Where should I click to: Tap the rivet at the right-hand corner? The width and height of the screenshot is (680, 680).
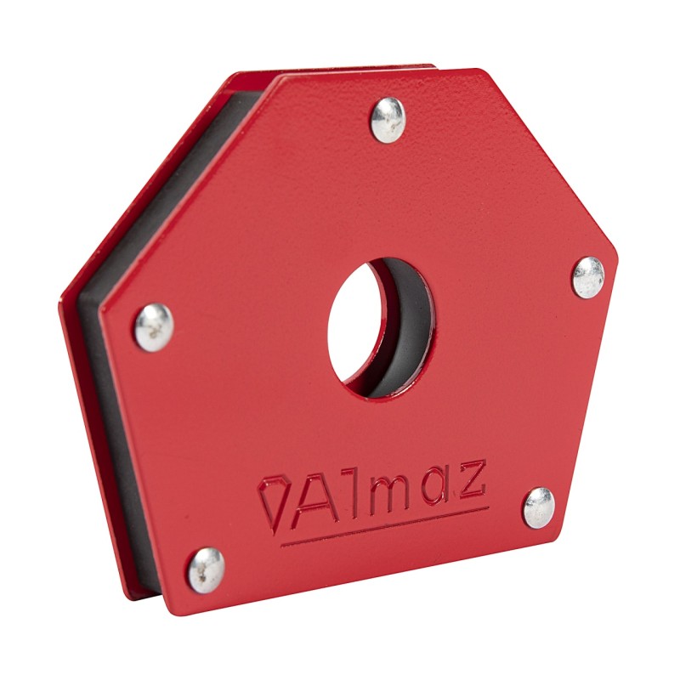[587, 276]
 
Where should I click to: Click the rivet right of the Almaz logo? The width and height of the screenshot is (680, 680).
[537, 507]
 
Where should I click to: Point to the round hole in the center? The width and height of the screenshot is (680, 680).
[374, 327]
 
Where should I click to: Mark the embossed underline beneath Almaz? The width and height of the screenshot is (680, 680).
[382, 528]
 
